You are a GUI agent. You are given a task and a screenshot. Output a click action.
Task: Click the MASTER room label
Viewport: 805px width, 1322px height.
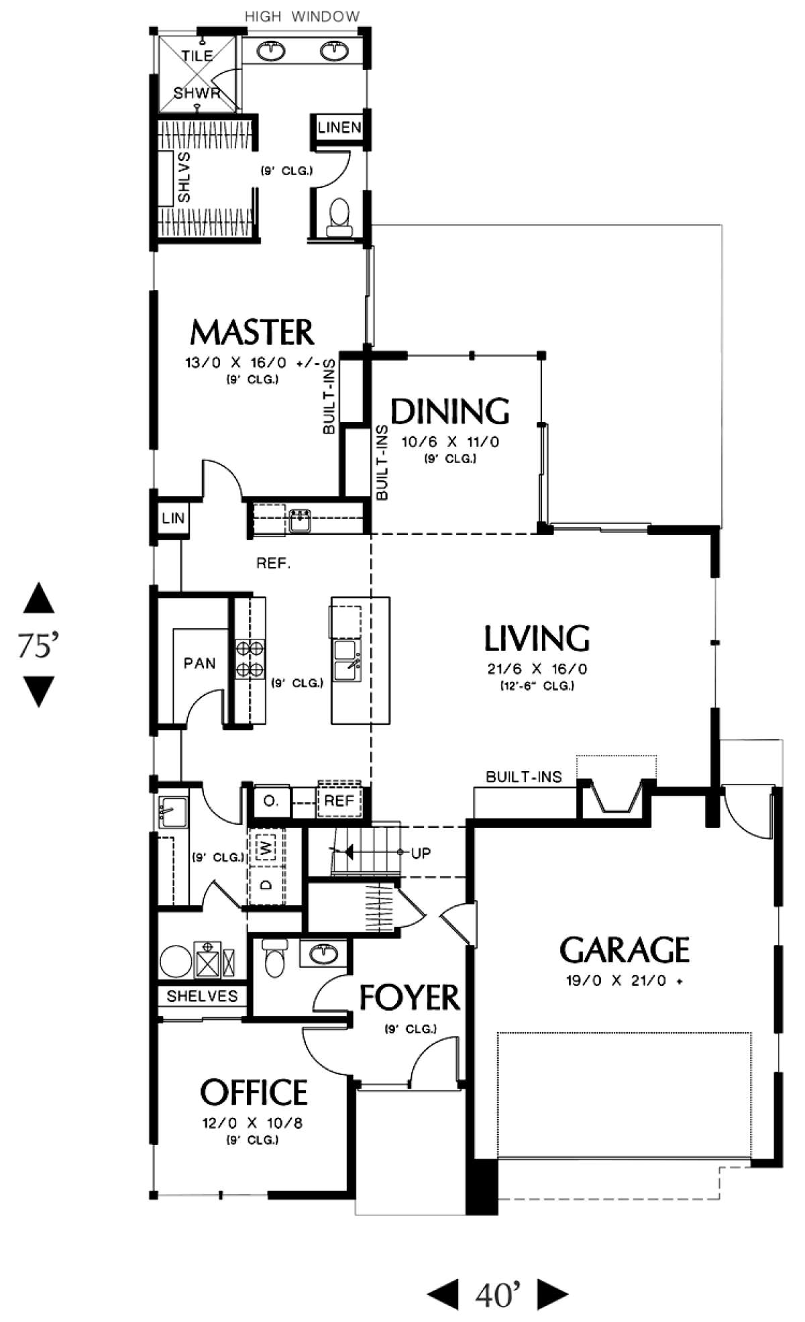click(x=252, y=332)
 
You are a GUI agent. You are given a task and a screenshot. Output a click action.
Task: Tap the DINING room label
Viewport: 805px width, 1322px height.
click(x=450, y=411)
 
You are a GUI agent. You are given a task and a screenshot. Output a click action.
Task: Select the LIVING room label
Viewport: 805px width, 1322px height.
click(x=537, y=638)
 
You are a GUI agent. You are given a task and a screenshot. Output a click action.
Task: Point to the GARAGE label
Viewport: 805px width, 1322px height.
click(x=625, y=950)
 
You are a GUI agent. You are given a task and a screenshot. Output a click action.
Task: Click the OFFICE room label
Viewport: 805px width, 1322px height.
click(x=254, y=1092)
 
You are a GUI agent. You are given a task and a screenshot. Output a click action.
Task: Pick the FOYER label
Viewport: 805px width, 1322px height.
click(x=409, y=998)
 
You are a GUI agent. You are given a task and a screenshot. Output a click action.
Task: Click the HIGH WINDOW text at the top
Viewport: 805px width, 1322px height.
click(x=302, y=16)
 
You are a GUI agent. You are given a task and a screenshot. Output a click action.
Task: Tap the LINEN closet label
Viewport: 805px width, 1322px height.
click(x=339, y=127)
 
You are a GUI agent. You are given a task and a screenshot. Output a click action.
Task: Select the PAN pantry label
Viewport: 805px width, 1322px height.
click(x=200, y=663)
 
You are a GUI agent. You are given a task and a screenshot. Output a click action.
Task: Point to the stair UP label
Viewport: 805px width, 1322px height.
click(x=421, y=853)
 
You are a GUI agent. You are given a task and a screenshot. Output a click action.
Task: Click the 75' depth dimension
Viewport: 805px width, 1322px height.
click(x=38, y=645)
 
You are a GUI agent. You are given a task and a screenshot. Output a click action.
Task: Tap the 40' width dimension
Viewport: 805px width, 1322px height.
click(x=498, y=1294)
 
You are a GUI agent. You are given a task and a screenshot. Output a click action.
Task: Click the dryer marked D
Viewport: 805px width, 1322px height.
click(x=267, y=885)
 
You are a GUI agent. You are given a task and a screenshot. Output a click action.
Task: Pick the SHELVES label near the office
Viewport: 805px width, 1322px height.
click(x=202, y=996)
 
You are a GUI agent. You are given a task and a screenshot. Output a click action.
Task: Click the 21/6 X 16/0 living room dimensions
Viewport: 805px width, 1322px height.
click(x=537, y=669)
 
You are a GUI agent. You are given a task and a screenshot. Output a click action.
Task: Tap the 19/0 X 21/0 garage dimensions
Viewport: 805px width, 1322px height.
click(x=625, y=980)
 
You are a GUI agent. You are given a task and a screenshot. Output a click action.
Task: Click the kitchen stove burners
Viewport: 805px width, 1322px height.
click(x=249, y=659)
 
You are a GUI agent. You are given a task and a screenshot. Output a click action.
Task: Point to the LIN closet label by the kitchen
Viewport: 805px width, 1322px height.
click(x=173, y=518)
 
